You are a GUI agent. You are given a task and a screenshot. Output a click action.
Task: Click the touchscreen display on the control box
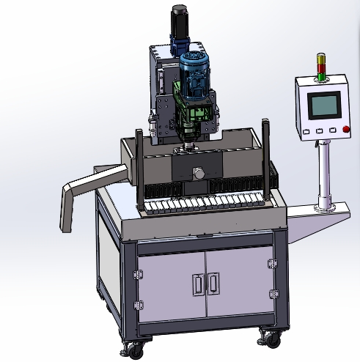pyautogui.click(x=323, y=106)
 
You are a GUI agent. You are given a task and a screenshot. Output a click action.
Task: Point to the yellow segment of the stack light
pyautogui.click(x=319, y=64)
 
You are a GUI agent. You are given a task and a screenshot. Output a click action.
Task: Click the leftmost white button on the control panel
pyautogui.click(x=307, y=131)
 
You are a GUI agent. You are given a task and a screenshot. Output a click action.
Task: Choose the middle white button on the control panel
pyautogui.click(x=320, y=130)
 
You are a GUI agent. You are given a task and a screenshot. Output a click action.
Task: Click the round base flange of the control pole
pyautogui.click(x=322, y=209)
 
